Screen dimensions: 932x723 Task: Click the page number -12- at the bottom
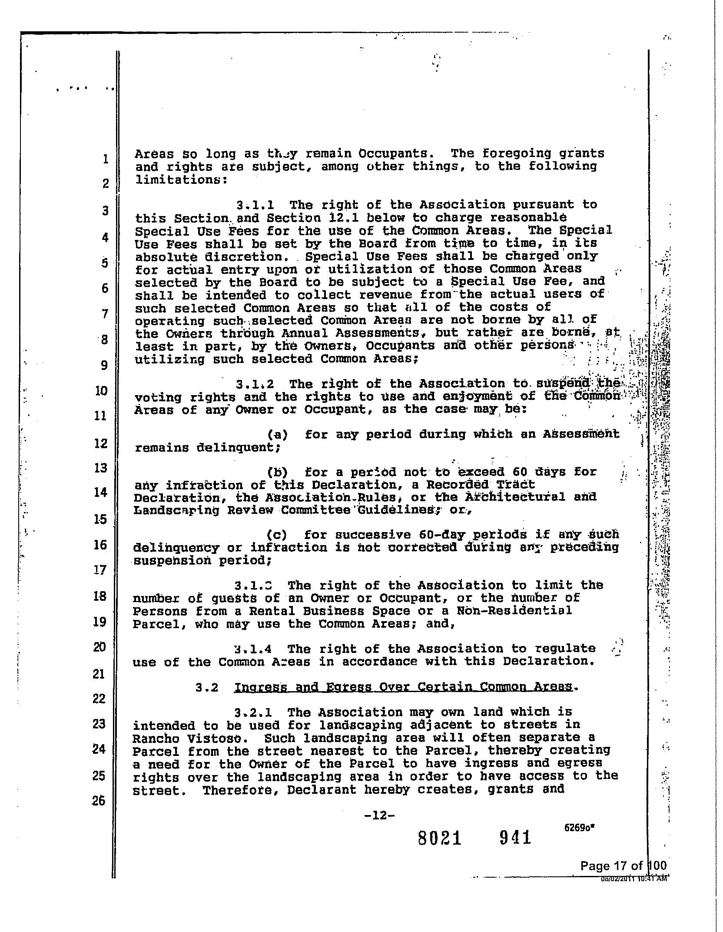point(380,815)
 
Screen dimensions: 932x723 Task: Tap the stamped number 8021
point(439,838)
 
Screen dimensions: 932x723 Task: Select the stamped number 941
point(515,837)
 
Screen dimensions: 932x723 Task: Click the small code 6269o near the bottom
point(579,828)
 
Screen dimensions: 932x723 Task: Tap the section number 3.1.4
point(253,649)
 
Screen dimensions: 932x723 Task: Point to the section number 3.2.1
point(253,712)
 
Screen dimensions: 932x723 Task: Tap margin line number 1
point(106,159)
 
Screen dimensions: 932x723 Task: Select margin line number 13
point(100,468)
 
